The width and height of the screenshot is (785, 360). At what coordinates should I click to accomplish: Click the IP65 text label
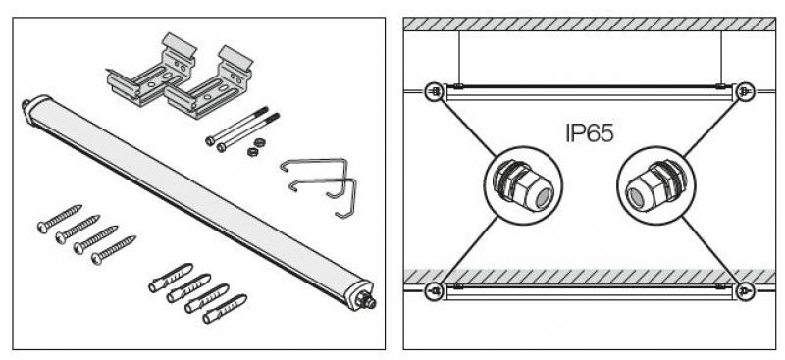coord(590,133)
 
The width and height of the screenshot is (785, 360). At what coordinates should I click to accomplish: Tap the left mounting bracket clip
coord(150,70)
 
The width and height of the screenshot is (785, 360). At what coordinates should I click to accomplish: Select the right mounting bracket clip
coord(209,82)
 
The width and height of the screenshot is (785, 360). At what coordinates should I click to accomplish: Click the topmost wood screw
coord(60,219)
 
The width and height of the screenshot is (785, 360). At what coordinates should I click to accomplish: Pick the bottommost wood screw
coord(114,250)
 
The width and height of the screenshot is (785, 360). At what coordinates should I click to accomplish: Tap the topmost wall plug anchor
coord(171,278)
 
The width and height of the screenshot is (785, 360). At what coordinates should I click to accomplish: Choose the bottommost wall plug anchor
coord(225,309)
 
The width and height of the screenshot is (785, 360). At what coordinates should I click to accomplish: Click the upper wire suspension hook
coord(314,179)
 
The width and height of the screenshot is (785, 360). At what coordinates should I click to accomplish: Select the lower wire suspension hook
coord(324,198)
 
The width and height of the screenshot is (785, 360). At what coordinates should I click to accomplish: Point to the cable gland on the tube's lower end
coord(366,300)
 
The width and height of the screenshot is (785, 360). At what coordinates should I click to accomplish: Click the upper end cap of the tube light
coord(32,107)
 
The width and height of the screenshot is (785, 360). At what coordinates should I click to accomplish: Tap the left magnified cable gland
coord(524,185)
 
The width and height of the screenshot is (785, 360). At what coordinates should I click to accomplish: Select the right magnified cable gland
coord(655,185)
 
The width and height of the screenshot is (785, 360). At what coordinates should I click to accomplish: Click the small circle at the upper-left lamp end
coord(435,91)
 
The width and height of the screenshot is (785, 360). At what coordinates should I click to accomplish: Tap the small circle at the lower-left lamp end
coord(435,291)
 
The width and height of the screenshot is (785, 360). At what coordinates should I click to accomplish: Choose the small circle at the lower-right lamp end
coord(745,291)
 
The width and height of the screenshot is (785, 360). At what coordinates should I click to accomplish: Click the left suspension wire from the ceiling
coord(459,58)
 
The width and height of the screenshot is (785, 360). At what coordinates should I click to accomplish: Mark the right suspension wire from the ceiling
coord(721,58)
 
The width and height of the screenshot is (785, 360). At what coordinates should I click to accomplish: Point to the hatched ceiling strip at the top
coord(590,25)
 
